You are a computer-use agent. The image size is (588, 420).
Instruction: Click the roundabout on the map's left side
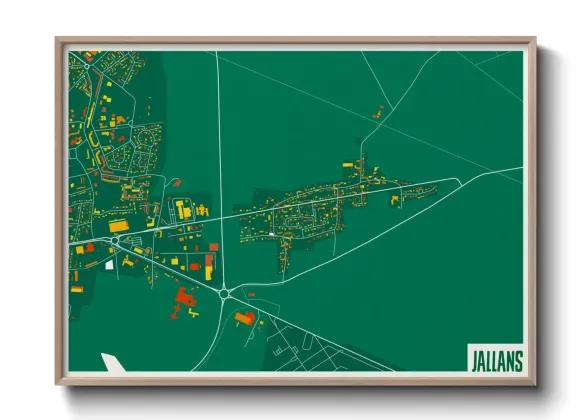pos(116,241)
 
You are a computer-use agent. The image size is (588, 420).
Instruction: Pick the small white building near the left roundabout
pos(109,266)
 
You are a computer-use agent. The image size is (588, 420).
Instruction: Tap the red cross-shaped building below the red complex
pos(177,311)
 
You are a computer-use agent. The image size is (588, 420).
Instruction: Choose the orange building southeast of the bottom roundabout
pos(244,318)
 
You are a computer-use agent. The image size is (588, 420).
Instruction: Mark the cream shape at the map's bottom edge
pos(114,363)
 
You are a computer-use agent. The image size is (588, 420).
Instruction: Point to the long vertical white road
pos(219,150)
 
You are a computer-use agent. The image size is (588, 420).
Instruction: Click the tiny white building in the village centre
pos(271,235)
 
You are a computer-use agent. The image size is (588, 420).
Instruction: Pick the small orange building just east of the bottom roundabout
pos(250,295)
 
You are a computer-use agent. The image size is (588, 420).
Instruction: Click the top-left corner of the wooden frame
pos(58,41)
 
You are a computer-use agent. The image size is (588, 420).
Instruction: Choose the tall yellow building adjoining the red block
pos(209,263)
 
